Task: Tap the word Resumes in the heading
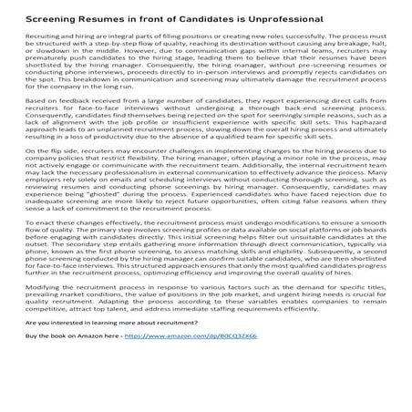(x=120, y=18)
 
